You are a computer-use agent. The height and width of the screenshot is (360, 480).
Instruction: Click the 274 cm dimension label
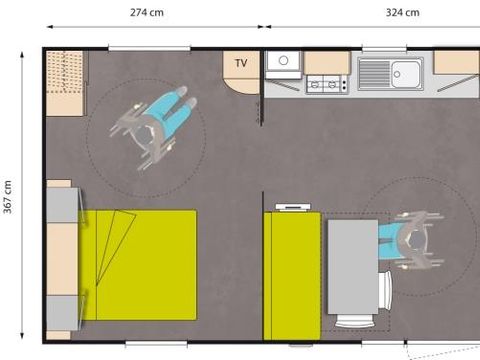coord(148,13)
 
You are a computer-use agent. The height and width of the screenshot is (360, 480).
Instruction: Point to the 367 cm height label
coord(8,195)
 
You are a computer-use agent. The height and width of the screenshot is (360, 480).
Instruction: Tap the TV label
coord(241,63)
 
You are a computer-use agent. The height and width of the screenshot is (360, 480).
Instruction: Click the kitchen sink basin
coord(407,71)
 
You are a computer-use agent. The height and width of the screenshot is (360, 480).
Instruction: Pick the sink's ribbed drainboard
coord(376,72)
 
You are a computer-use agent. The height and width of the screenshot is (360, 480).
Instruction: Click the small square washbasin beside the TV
coord(284,62)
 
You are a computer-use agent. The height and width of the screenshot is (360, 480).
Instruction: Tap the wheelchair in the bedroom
coord(155,123)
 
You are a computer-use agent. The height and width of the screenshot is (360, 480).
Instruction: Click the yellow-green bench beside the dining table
coord(291,274)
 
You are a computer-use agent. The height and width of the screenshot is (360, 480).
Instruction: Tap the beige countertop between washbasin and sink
coord(327,62)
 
